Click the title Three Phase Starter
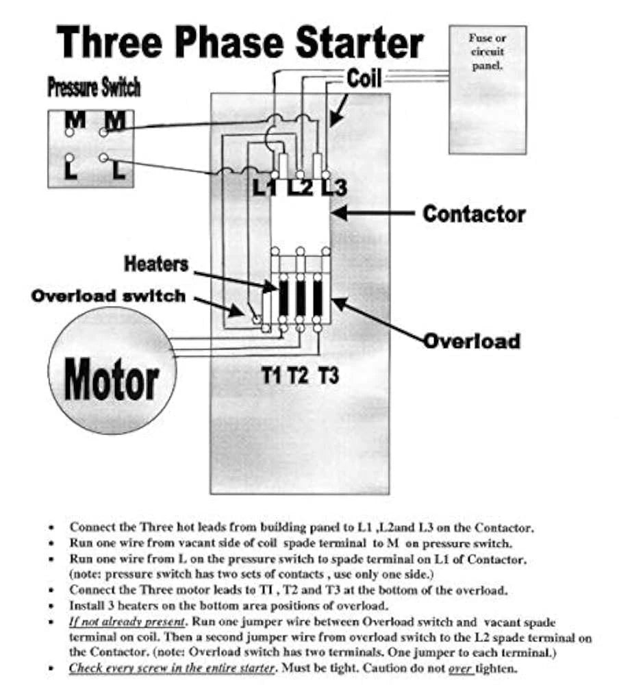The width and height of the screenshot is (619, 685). (x=240, y=42)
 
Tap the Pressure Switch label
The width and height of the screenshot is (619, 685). (x=94, y=88)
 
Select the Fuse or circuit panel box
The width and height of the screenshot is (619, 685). (x=487, y=89)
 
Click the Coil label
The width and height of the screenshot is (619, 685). (x=364, y=78)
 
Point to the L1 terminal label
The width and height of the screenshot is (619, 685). (x=264, y=186)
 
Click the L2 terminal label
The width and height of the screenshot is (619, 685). (x=299, y=186)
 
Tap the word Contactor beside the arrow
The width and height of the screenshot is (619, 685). (x=474, y=214)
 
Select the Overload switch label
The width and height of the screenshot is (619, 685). (x=108, y=297)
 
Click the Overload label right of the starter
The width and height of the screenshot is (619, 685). (x=472, y=340)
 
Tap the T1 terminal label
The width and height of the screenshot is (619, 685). (x=273, y=375)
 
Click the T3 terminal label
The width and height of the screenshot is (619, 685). (x=329, y=375)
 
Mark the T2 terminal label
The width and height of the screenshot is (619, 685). (x=299, y=375)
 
